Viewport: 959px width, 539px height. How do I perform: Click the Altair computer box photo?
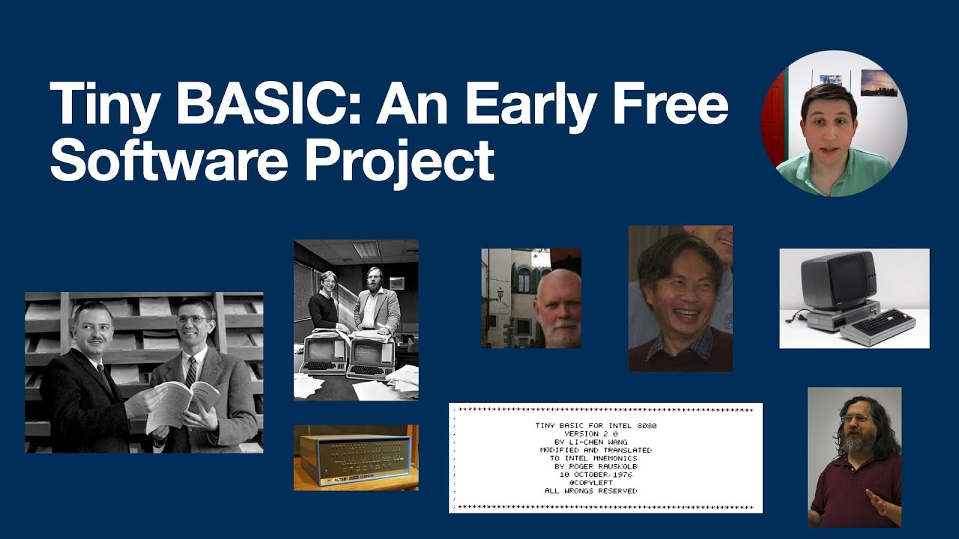[356, 457]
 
